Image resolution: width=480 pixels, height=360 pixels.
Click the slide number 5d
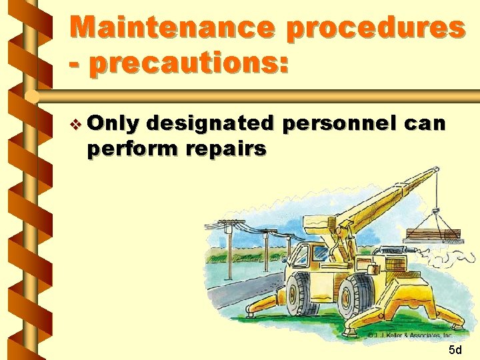point(455,350)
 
